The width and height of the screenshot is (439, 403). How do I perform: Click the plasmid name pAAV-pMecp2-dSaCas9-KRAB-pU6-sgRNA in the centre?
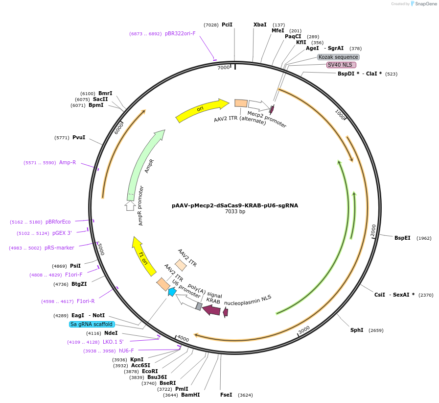[x=235, y=205]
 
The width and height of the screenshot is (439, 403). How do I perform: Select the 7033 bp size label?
[x=235, y=212]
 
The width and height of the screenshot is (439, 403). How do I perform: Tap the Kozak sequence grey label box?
[x=338, y=57]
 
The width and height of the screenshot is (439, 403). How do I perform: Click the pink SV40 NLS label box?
[x=341, y=65]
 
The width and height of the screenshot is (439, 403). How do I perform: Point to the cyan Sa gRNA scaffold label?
[x=92, y=324]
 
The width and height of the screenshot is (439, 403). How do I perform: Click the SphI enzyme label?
[x=357, y=330]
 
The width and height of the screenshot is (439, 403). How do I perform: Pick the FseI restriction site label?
[x=226, y=395]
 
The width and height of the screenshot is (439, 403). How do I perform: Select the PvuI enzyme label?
[x=79, y=137]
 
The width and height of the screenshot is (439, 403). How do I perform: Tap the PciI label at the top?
[x=227, y=25]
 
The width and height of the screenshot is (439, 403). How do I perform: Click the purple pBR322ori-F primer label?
[x=180, y=33]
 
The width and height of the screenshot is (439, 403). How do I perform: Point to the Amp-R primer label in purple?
[x=68, y=162]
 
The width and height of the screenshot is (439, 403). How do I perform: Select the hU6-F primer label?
[x=122, y=351]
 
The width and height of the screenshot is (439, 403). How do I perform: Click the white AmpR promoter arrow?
[x=130, y=205]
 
